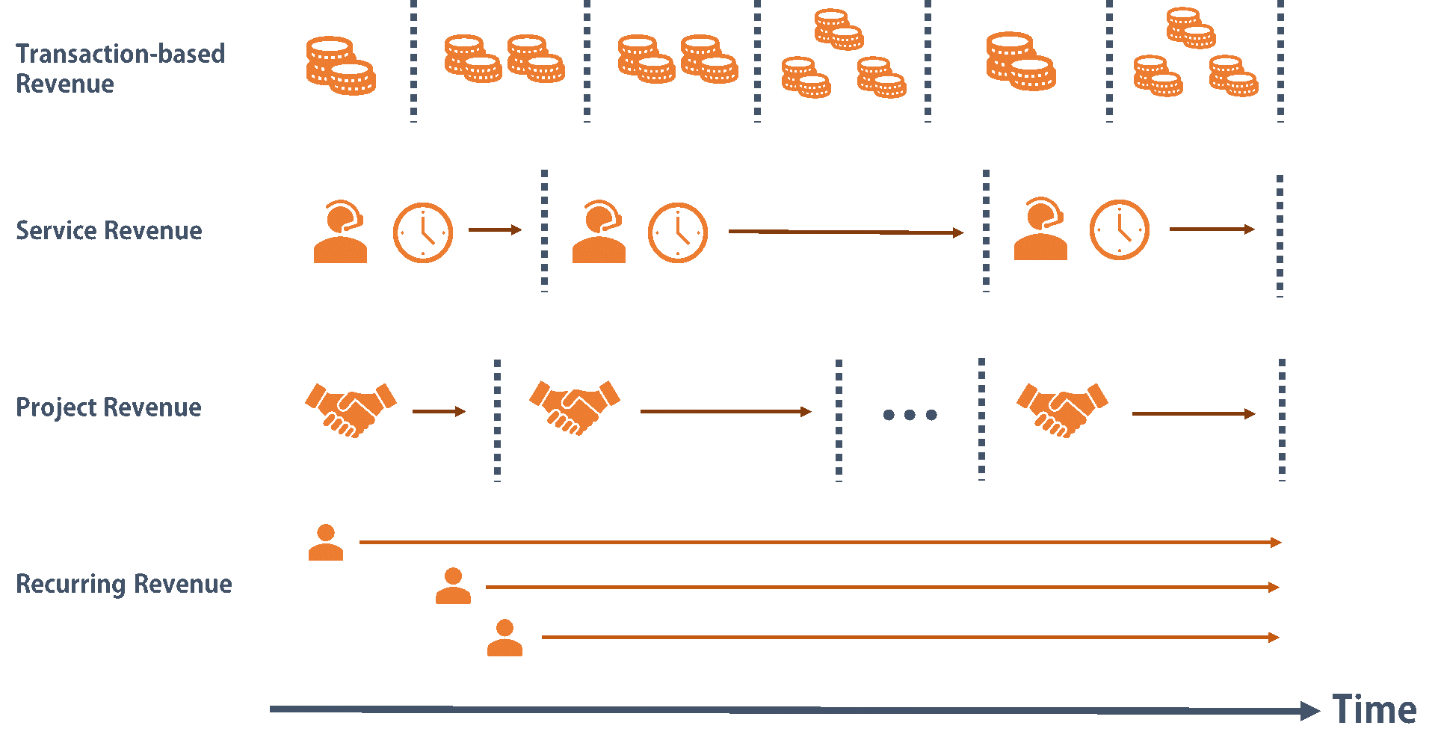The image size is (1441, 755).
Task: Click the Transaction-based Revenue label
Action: click(120, 68)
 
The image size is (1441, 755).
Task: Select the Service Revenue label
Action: click(109, 230)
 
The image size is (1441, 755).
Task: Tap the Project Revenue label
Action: click(109, 407)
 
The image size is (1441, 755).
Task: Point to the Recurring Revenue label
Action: click(124, 584)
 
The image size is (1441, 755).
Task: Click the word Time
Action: click(1374, 709)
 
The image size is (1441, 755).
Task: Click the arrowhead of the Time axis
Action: click(1309, 711)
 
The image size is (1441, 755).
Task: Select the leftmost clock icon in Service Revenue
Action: click(423, 232)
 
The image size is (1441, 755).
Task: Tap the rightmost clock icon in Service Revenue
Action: click(1119, 229)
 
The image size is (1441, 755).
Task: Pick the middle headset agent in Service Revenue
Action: click(599, 232)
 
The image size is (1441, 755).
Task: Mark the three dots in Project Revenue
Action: click(910, 415)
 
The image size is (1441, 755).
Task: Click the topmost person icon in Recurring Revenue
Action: click(326, 543)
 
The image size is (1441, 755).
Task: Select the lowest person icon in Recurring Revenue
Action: click(504, 638)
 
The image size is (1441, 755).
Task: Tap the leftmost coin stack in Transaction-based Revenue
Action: click(341, 66)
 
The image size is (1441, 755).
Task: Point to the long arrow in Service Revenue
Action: click(845, 232)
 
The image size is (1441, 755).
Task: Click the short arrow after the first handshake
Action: click(439, 411)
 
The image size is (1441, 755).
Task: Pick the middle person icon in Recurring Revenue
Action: click(453, 586)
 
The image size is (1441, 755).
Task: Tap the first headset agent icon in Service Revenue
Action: click(340, 232)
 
